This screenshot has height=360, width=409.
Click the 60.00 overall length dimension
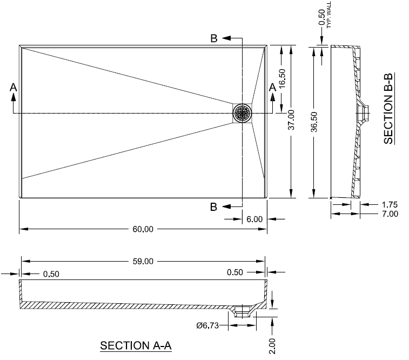pyautogui.click(x=143, y=229)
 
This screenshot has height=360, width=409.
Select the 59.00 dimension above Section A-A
pyautogui.click(x=143, y=262)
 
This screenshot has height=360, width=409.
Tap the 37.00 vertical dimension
pyautogui.click(x=291, y=120)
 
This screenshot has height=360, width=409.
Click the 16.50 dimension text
pyautogui.click(x=282, y=79)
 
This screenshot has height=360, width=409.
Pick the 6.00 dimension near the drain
pyautogui.click(x=254, y=219)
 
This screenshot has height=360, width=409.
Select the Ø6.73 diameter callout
pyautogui.click(x=207, y=325)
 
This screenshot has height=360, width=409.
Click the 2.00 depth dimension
pyautogui.click(x=272, y=344)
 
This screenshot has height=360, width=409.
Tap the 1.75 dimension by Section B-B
pyautogui.click(x=389, y=205)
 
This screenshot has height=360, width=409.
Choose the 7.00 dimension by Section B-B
pyautogui.click(x=389, y=214)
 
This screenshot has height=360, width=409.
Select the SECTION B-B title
pyautogui.click(x=388, y=108)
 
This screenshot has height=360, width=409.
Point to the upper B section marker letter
pyautogui.click(x=214, y=38)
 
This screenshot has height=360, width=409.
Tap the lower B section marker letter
pyautogui.click(x=214, y=206)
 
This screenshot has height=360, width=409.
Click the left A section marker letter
pyautogui.click(x=14, y=86)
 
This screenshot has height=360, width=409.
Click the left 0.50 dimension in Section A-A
pyautogui.click(x=51, y=274)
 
